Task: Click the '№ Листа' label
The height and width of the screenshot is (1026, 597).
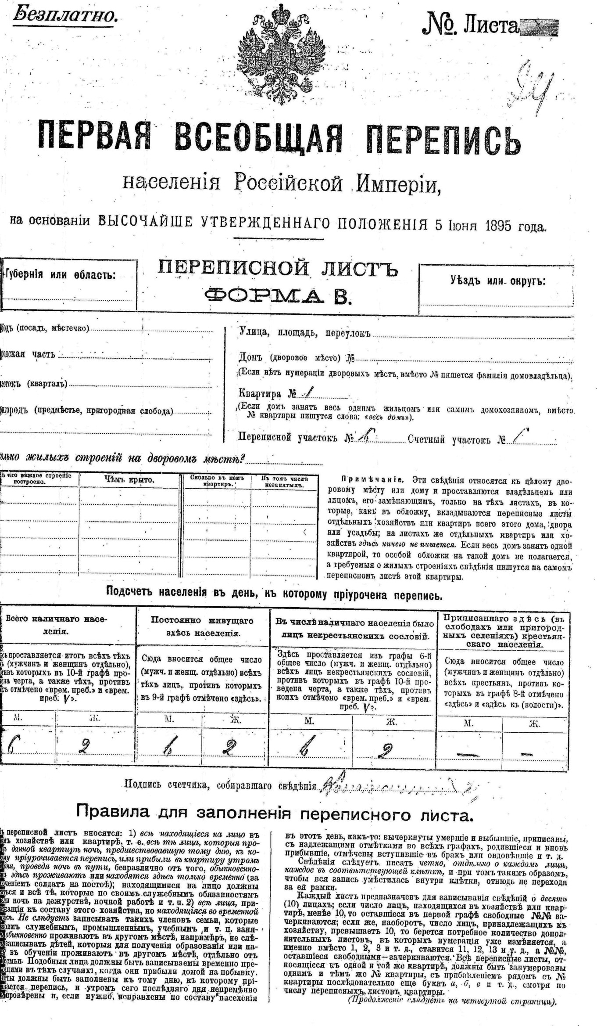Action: click(x=470, y=26)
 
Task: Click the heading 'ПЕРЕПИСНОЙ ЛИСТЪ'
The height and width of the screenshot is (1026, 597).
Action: click(x=277, y=268)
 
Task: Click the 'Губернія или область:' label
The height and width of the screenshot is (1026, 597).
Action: click(x=60, y=275)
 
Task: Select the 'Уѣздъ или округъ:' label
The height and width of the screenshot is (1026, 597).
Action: click(x=497, y=281)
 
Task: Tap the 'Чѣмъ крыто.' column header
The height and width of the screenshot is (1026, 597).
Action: click(x=129, y=480)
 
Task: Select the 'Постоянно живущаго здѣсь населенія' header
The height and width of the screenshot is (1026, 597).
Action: click(x=202, y=626)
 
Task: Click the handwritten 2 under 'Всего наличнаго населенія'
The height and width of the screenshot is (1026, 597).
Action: click(x=83, y=747)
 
